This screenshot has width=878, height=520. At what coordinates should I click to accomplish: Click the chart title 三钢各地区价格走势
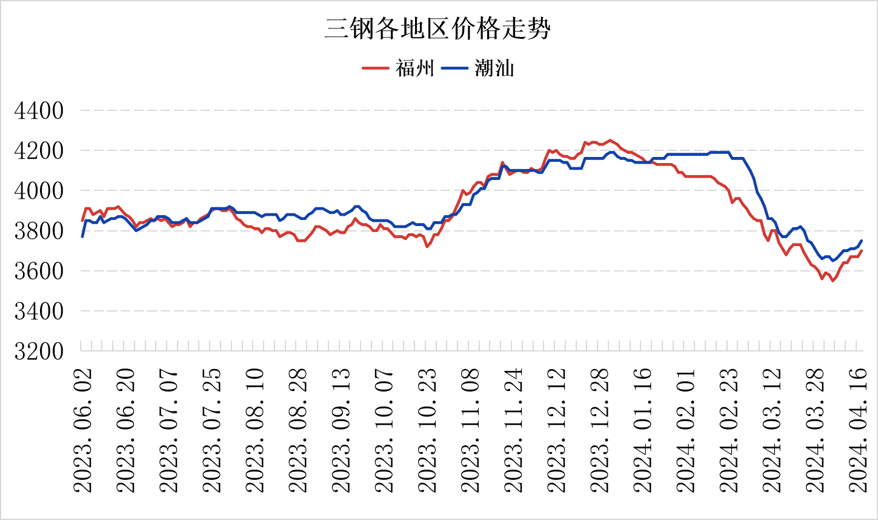click(x=437, y=28)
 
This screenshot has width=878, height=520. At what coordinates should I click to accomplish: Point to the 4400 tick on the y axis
click(x=39, y=111)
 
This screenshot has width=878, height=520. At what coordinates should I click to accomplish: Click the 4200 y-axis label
click(x=39, y=151)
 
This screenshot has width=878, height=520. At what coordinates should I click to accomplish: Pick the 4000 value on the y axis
click(x=39, y=191)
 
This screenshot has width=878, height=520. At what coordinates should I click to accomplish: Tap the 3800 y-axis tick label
click(x=39, y=231)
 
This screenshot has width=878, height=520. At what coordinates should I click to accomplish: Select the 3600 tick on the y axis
click(x=39, y=271)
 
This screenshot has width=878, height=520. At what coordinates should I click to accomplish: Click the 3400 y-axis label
click(x=39, y=311)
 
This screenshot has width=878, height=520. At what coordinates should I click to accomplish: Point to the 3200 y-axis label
click(x=39, y=351)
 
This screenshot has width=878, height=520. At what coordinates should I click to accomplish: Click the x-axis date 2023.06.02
click(x=82, y=430)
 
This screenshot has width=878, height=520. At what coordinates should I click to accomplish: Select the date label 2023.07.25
click(x=212, y=430)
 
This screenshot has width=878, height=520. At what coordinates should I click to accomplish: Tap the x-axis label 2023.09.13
click(x=342, y=430)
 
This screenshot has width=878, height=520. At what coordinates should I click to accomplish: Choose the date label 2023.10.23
click(x=428, y=430)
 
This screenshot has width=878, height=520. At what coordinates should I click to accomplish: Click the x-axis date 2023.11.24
click(x=514, y=430)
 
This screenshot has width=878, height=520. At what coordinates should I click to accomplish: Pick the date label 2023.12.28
click(x=600, y=430)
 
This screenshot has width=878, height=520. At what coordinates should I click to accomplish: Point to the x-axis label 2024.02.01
click(x=687, y=430)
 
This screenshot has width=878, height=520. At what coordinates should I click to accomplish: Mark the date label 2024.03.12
click(x=773, y=430)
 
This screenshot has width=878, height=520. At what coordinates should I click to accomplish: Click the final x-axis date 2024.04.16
click(x=859, y=430)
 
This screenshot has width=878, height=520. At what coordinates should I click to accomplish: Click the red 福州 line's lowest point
click(x=833, y=281)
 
